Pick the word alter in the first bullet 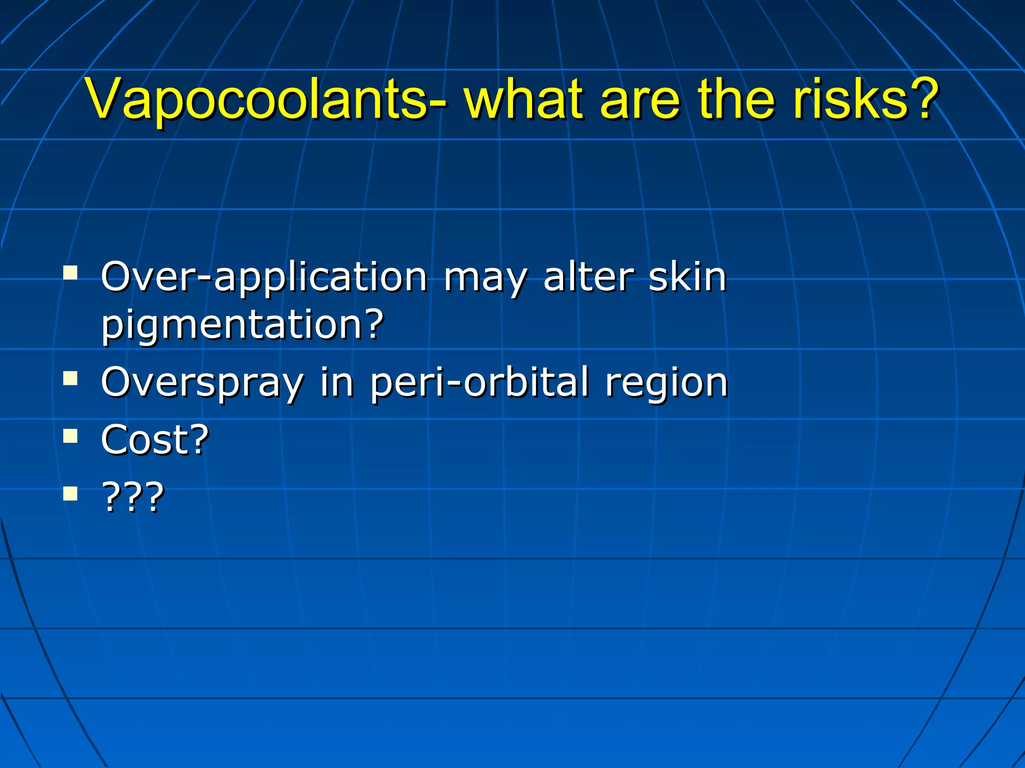[589, 277]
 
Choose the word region [666, 383]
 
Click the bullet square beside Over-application [71, 272]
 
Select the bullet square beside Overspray [71, 378]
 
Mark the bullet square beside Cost [71, 436]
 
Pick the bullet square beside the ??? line [71, 493]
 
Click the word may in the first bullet [484, 277]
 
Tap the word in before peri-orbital [337, 383]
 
